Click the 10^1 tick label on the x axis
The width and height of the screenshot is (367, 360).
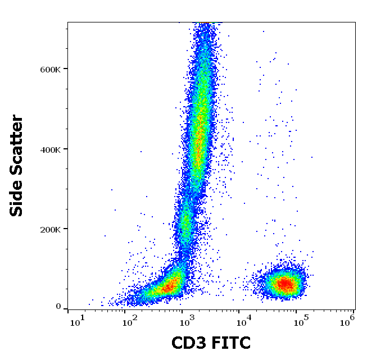coord(78,321)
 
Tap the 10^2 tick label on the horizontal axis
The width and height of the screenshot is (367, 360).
coord(130,321)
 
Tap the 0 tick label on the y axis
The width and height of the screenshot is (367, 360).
coord(58,307)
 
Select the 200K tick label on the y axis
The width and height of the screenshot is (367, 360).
coord(49,229)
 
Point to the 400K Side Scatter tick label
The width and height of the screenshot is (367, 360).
coord(49,149)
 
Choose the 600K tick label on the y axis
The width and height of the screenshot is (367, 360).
coord(49,69)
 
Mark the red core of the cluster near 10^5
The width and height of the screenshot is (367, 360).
coord(285,284)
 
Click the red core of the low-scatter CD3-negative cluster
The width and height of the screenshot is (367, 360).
coord(167,288)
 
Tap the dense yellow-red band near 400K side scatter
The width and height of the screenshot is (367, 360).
coord(198,140)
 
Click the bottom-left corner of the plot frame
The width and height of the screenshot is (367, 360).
coord(68,309)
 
